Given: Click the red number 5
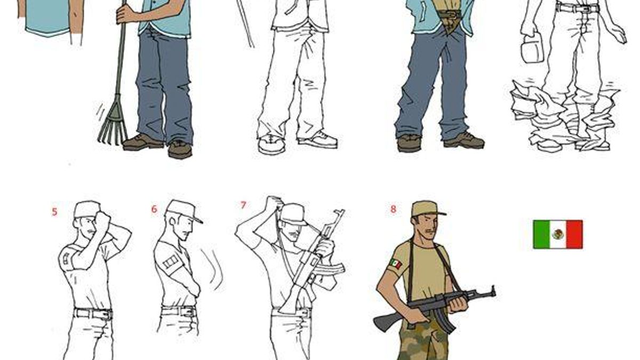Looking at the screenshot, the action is pos(54,212).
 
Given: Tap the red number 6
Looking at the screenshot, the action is pos(154,209).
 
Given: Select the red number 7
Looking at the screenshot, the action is pos(243,205).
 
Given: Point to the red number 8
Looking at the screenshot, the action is pos(394,209).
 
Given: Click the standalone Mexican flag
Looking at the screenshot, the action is pos(558,234).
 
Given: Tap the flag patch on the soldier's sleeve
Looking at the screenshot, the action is pos(396,264).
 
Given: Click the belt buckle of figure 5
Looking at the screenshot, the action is pos(107,315).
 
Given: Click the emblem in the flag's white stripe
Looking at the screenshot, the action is pos(557,234).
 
